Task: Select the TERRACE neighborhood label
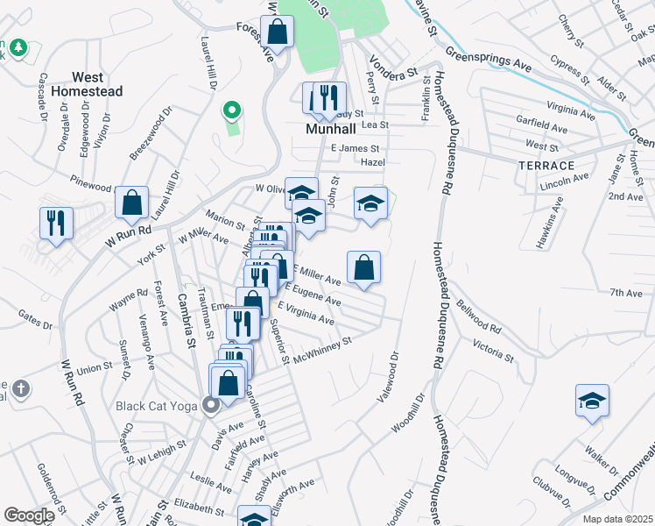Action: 546,166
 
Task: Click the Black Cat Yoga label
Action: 158,406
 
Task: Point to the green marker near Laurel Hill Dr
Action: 231,110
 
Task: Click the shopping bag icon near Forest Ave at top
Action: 277,32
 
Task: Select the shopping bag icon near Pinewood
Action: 131,203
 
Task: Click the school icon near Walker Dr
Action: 592,401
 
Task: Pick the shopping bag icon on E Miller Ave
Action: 363,267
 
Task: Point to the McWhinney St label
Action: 322,349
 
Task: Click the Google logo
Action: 29,515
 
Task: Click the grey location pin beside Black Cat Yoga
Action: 210,405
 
